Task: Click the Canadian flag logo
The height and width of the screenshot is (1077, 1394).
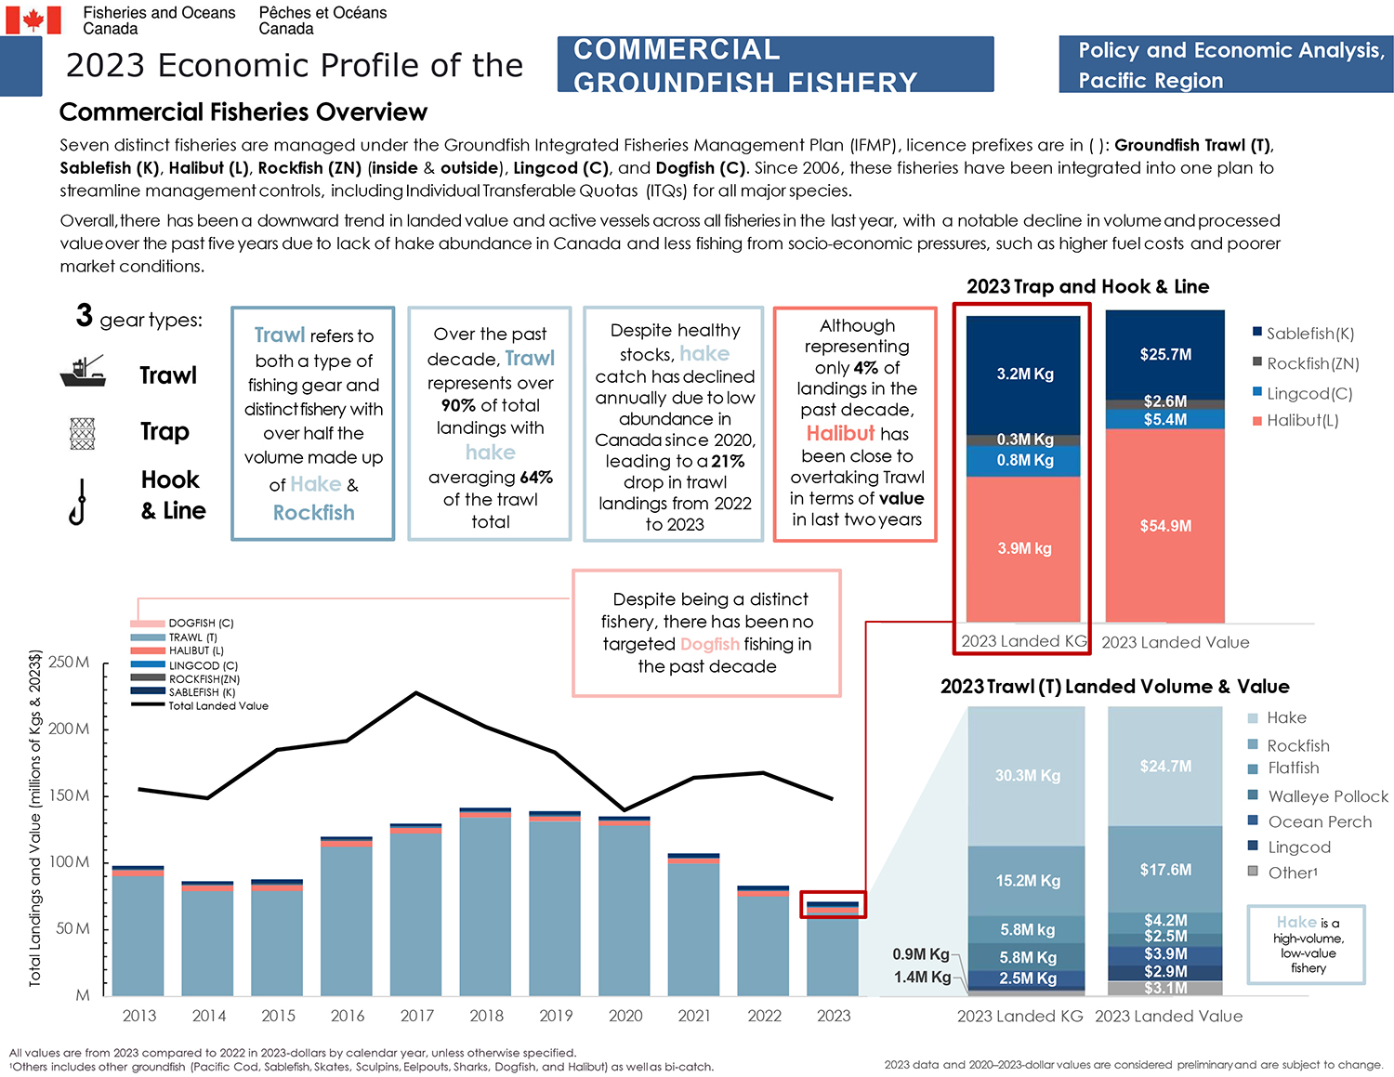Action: (x=33, y=20)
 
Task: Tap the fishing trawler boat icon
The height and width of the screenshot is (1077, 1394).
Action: (x=83, y=372)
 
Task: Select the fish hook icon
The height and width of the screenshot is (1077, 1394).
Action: (x=79, y=502)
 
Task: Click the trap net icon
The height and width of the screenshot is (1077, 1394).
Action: (x=83, y=433)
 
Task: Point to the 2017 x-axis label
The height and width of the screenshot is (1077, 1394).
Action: (x=416, y=1016)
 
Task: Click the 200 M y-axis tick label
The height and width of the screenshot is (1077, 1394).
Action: (x=70, y=729)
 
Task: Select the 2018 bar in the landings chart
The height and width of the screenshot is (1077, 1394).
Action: (x=485, y=901)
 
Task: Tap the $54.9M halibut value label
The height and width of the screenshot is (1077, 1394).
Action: (x=1165, y=526)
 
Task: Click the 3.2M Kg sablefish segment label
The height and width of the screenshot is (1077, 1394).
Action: (x=1024, y=374)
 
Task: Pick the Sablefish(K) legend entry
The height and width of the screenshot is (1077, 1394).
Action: (x=1309, y=334)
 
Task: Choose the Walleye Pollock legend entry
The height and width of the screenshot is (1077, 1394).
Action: (x=1327, y=796)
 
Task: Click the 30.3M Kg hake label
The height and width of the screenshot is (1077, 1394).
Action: (x=1027, y=775)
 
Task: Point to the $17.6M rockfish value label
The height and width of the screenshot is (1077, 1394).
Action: (x=1165, y=870)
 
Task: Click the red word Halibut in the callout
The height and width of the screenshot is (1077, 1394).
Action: (x=840, y=434)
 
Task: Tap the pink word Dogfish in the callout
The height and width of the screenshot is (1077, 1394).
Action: (x=710, y=644)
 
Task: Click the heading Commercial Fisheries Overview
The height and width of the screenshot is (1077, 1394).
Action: (x=243, y=112)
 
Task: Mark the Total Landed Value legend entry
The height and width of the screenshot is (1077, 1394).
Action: (x=217, y=706)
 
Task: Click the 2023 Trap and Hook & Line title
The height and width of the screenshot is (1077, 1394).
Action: (x=1087, y=286)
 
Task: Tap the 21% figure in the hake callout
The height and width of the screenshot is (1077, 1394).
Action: (x=728, y=462)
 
